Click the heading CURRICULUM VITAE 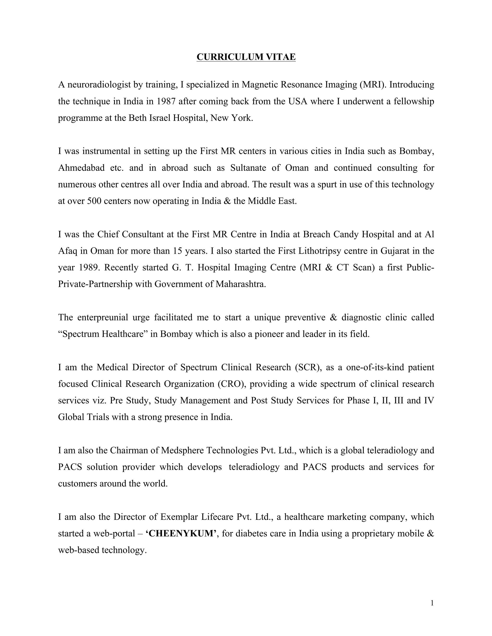[246, 57]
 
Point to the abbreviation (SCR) [308, 367]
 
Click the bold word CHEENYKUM [181, 534]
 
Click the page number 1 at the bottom [432, 603]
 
